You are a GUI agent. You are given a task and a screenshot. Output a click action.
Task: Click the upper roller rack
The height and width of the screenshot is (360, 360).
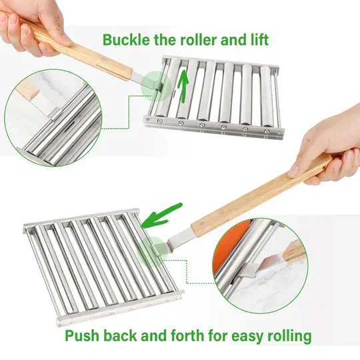tap(213, 93)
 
